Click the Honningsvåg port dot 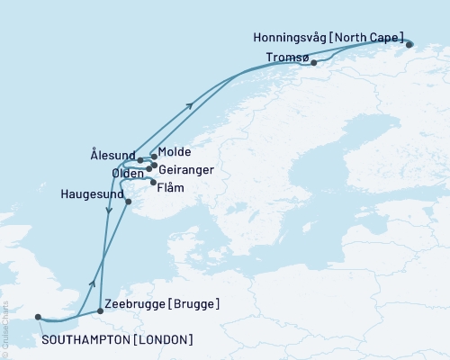point(409,44)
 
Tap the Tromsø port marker point(313,63)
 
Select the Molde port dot point(155,157)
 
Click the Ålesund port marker point(140,161)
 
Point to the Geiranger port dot point(155,166)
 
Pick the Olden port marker point(148,168)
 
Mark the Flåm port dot point(152,181)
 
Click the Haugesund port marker point(129,202)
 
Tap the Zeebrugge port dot point(100,310)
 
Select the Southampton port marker point(38,316)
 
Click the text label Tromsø point(287,57)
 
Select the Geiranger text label point(185,166)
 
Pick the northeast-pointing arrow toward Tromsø point(190,106)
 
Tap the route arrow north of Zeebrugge point(92,283)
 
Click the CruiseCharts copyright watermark point(5,328)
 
